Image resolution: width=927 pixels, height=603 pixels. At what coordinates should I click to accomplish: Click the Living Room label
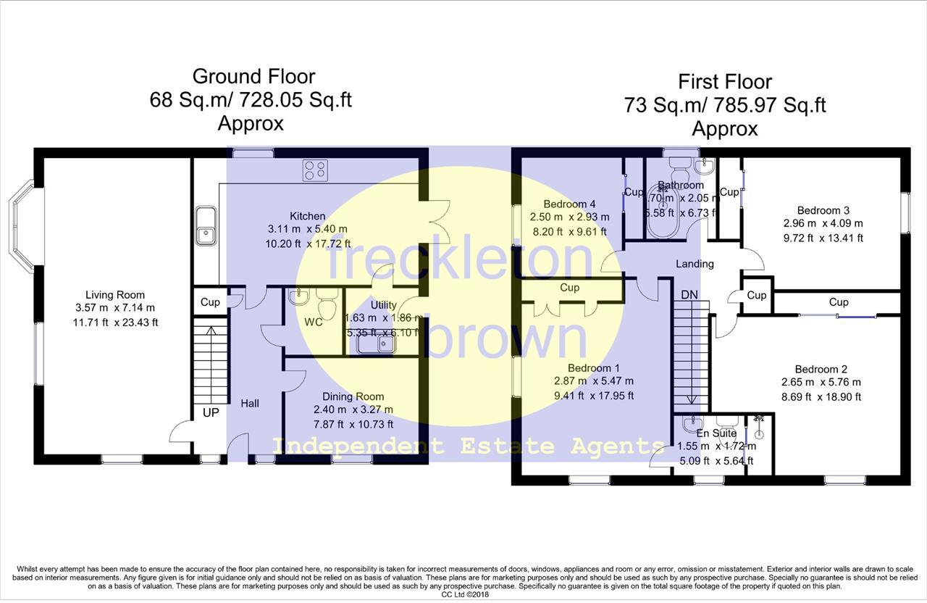coord(115,295)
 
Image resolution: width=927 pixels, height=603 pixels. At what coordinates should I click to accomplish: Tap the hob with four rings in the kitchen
coord(315,170)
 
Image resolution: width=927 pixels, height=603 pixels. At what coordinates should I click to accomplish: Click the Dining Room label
coord(353,396)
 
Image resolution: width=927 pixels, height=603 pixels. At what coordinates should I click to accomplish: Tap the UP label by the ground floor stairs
coord(211,412)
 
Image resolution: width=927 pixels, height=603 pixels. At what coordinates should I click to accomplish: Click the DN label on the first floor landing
coord(689,295)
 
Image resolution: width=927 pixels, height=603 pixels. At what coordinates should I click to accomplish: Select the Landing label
coord(695,264)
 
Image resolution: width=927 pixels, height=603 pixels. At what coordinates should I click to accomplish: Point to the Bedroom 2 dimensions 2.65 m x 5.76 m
coord(821,382)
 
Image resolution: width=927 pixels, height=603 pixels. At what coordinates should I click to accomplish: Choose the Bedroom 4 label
coord(569,204)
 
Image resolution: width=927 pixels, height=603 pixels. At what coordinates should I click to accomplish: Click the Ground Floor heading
coord(253,76)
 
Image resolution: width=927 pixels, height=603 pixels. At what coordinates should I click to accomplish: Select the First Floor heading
coord(724,81)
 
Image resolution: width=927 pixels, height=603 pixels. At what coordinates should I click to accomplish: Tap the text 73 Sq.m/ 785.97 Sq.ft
coord(724,105)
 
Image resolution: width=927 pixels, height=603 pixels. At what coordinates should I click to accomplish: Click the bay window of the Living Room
coord(22,226)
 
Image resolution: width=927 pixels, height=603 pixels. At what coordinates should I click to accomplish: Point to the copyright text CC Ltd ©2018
coord(464,594)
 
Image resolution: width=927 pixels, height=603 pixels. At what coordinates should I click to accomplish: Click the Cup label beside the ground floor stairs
coord(210,302)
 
